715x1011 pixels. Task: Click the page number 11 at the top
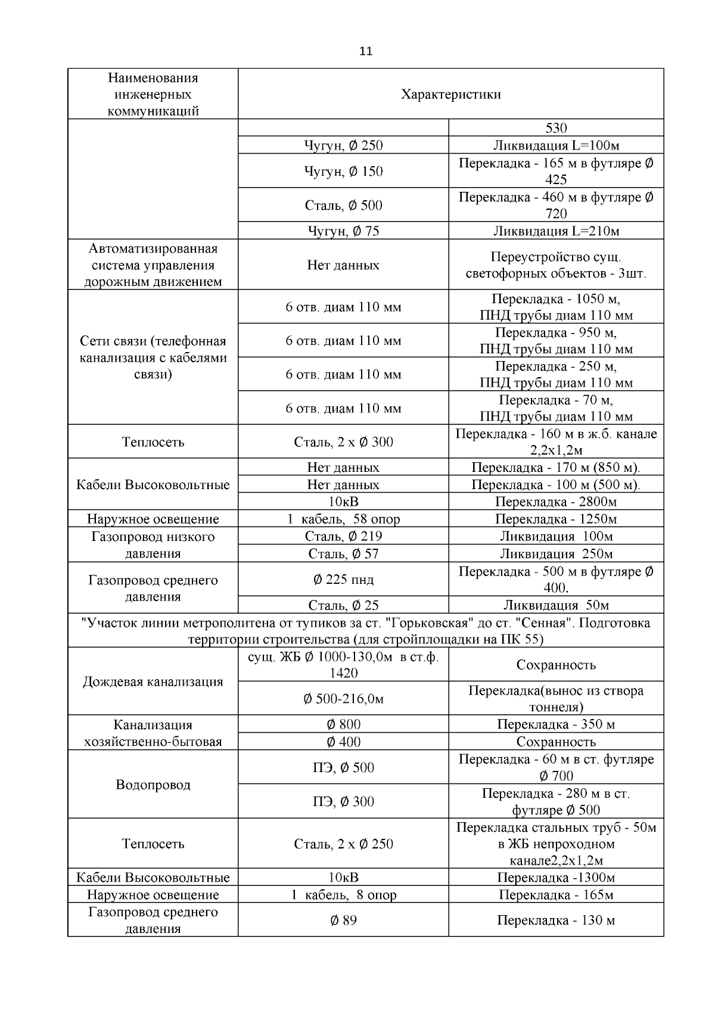[x=366, y=51]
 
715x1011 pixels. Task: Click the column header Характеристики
[x=450, y=94]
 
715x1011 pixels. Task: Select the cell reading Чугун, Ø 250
[x=343, y=145]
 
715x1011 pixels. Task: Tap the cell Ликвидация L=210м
[x=556, y=231]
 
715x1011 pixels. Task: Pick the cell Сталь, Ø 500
[x=343, y=206]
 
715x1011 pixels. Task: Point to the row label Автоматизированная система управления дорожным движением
[x=153, y=265]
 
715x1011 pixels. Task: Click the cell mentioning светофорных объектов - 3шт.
[x=556, y=266]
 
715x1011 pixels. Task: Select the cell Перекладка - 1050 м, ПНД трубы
[x=556, y=307]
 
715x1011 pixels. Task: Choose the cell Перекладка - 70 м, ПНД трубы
[x=556, y=408]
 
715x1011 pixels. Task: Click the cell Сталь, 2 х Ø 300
[x=343, y=442]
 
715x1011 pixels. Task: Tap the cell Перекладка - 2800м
[x=556, y=502]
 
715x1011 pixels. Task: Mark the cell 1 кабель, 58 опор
[x=343, y=519]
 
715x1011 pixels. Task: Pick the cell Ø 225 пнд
[x=343, y=580]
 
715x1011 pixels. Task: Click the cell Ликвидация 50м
[x=556, y=605]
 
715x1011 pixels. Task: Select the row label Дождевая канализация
[x=153, y=682]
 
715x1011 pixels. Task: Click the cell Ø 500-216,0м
[x=343, y=699]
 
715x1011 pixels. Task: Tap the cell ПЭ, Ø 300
[x=343, y=802]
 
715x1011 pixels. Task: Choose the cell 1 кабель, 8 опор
[x=343, y=895]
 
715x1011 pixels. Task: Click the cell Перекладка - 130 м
[x=556, y=920]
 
